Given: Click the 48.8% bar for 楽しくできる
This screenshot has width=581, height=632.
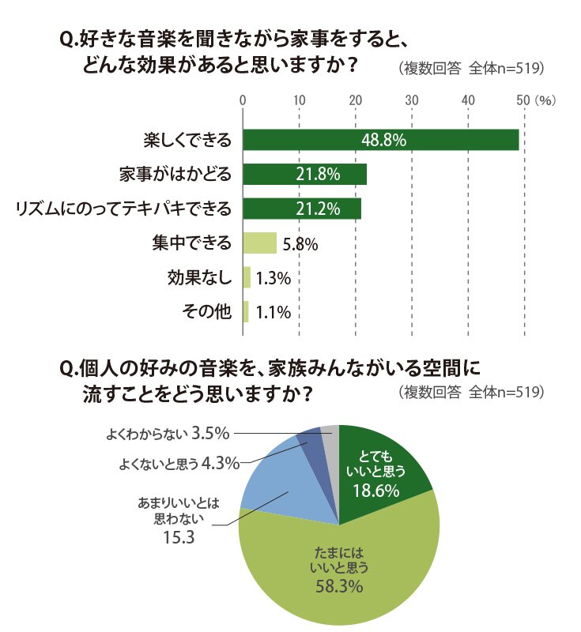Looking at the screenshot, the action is tap(380, 140).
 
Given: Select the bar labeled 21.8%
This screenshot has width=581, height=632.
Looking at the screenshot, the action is tap(305, 174).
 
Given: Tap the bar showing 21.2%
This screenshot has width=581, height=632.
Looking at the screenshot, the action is tap(302, 209).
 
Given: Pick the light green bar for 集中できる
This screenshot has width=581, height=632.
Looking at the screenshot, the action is tap(259, 243).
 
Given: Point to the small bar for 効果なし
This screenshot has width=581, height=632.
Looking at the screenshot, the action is tap(247, 277).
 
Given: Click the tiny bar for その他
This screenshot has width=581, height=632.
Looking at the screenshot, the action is tap(246, 311).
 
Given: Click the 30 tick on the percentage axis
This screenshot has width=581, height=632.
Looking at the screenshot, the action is tap(412, 100).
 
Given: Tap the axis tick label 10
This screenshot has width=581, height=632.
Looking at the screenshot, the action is tap(299, 100).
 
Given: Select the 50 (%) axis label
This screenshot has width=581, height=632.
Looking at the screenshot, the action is tap(536, 100).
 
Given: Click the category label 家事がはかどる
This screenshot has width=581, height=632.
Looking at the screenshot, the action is tap(175, 174).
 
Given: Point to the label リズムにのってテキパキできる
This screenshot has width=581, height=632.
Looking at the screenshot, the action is tap(123, 209).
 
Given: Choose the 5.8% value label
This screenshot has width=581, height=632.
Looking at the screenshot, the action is tap(300, 244).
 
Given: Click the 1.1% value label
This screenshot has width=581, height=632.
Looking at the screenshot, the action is tap(273, 312).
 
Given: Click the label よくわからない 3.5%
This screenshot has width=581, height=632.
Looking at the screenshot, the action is tap(168, 434).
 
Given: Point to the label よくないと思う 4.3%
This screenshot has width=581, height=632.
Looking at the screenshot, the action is tap(179, 464).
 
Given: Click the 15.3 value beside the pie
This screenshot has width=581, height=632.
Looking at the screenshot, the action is tap(179, 537).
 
